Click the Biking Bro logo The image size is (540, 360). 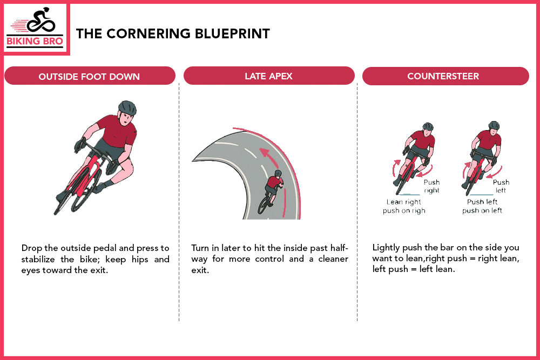point(36,29)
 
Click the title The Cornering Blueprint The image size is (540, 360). point(173,33)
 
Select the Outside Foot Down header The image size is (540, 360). point(89,76)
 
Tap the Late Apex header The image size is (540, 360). point(268,76)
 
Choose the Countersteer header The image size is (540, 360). point(443,76)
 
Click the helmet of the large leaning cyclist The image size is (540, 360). point(127,106)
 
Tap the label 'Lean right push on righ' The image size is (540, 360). point(404,206)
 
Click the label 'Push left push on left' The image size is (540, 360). point(482,206)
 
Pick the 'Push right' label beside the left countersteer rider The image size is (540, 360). point(431,186)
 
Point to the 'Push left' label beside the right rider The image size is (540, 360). point(501,186)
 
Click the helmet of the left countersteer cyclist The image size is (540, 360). point(428,127)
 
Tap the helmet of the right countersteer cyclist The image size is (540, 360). point(494,125)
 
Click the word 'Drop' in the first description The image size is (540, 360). point(31,248)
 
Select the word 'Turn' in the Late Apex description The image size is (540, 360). point(201,248)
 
